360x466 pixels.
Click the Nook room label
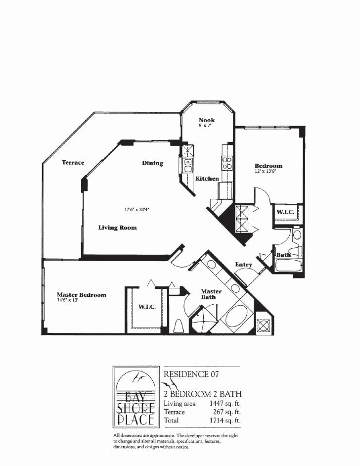tap(207, 120)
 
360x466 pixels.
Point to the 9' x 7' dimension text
tap(204, 127)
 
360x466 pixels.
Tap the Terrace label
tap(73, 162)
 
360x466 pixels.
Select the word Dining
tap(152, 163)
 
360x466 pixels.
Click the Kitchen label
tap(207, 179)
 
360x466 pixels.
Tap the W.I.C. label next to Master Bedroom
tap(147, 307)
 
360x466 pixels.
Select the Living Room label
tap(117, 228)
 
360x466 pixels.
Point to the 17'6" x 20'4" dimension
tap(136, 209)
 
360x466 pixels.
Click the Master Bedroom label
tap(81, 295)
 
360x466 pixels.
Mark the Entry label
tap(243, 265)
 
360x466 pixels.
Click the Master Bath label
tap(211, 294)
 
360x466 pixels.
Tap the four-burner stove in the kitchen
tap(227, 163)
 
